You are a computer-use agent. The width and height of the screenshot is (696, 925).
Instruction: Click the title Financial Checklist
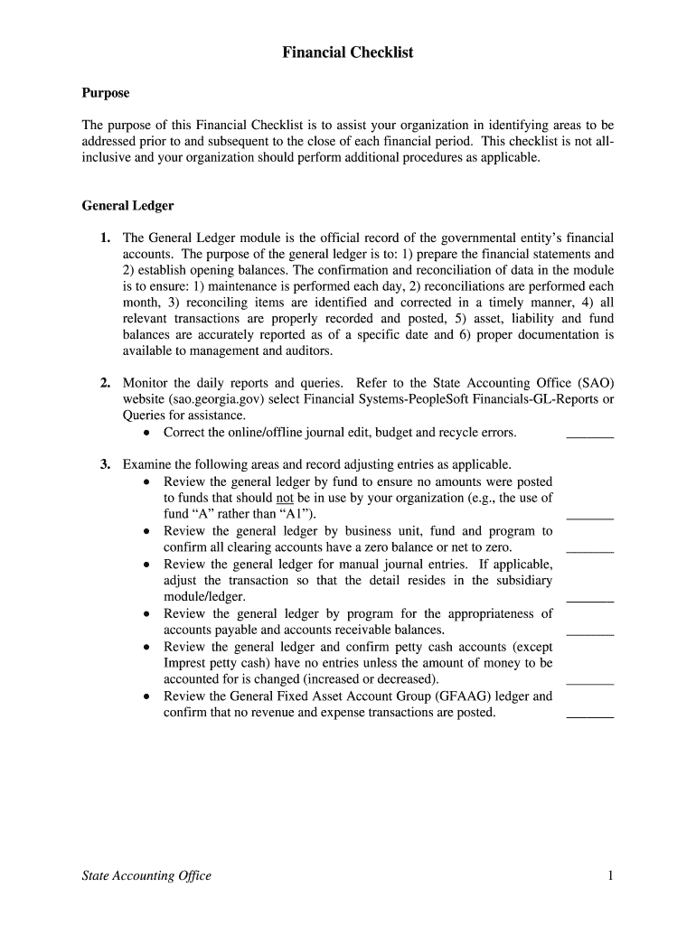(x=347, y=52)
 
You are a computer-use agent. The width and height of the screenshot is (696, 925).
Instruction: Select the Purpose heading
(x=106, y=93)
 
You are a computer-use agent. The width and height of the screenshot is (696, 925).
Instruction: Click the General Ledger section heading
(x=127, y=206)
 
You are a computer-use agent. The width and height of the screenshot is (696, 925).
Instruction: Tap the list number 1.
(x=106, y=238)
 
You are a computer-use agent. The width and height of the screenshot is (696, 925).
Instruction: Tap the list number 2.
(x=106, y=383)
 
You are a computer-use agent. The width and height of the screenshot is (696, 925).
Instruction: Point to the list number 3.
(x=106, y=465)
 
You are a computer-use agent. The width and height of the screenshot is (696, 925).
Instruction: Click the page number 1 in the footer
(x=611, y=875)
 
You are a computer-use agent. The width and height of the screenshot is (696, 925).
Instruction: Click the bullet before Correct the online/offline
(x=146, y=433)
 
